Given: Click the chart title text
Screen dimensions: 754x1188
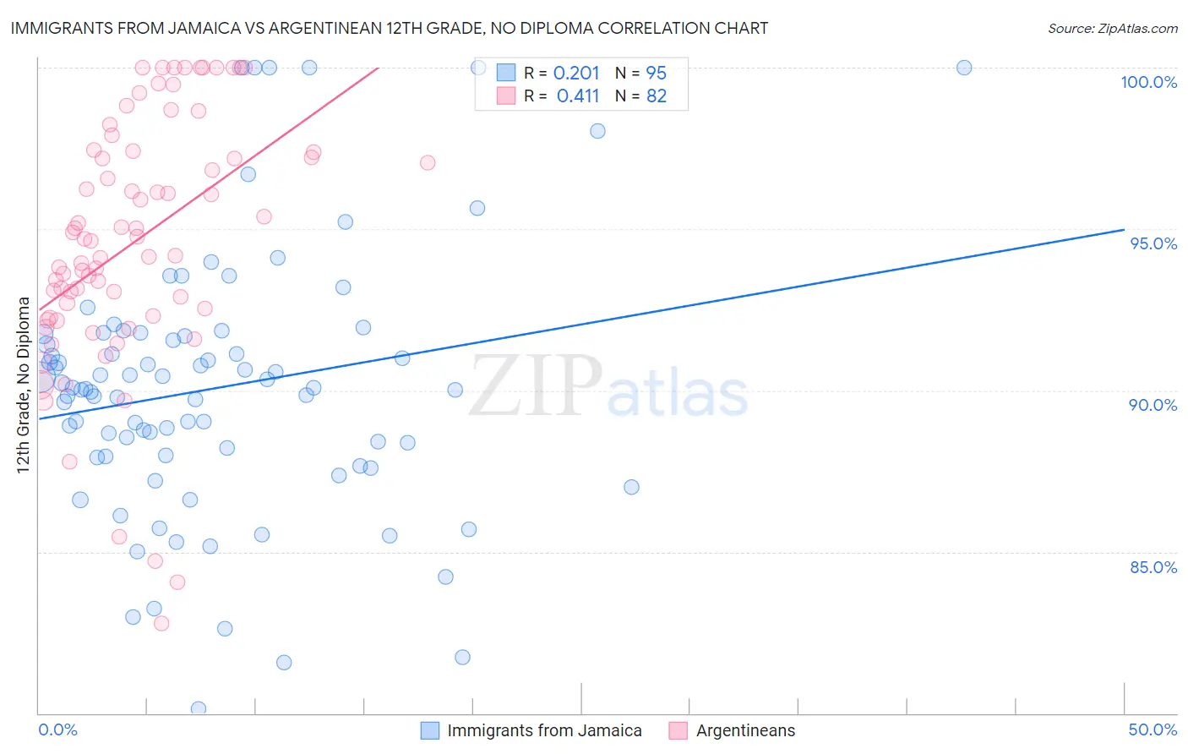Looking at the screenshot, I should pos(389,28).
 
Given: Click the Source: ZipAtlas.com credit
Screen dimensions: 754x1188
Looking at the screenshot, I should pos(1112,29).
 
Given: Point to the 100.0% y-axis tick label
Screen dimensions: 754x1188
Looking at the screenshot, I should pos(1148,82).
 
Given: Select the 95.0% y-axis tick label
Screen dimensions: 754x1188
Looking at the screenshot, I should pos(1153,243).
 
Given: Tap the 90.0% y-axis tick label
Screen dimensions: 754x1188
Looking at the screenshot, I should pos(1153,405).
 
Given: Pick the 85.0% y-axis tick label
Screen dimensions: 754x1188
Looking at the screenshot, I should pos(1153,567).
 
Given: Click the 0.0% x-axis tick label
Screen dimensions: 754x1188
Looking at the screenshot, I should pos(57,729).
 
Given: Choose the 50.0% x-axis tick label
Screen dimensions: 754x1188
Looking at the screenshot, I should pos(1153,729).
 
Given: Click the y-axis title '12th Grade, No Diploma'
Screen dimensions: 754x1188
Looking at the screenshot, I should pos(24,385).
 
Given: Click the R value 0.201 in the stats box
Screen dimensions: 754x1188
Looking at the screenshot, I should pos(576,74).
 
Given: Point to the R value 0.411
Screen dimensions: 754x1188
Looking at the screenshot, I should pos(578,96).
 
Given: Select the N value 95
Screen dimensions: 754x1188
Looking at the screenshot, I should pos(657,74).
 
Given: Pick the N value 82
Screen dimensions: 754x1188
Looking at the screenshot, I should pos(657,96).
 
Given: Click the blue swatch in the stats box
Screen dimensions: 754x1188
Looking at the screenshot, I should pos(506,73).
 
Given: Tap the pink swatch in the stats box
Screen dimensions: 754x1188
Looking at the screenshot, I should pos(506,96).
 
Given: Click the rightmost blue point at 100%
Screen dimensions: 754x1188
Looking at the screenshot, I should pos(964,68).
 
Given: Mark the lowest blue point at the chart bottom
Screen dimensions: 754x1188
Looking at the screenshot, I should pos(199,708).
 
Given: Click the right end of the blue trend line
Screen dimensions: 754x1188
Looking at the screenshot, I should pos(1124,229).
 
